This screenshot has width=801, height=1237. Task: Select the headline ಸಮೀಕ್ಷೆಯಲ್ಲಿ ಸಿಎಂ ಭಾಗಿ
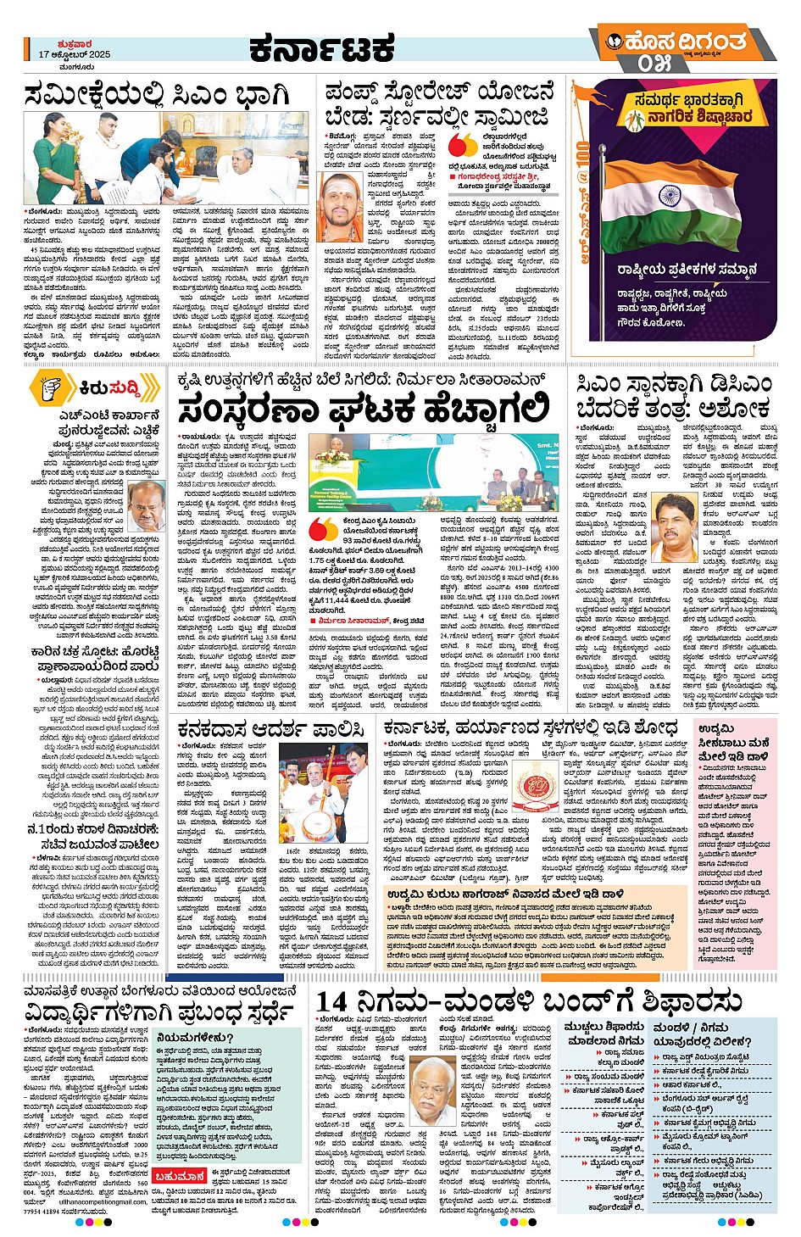158,94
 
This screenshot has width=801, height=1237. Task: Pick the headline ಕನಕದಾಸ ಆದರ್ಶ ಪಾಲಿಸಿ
270,727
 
